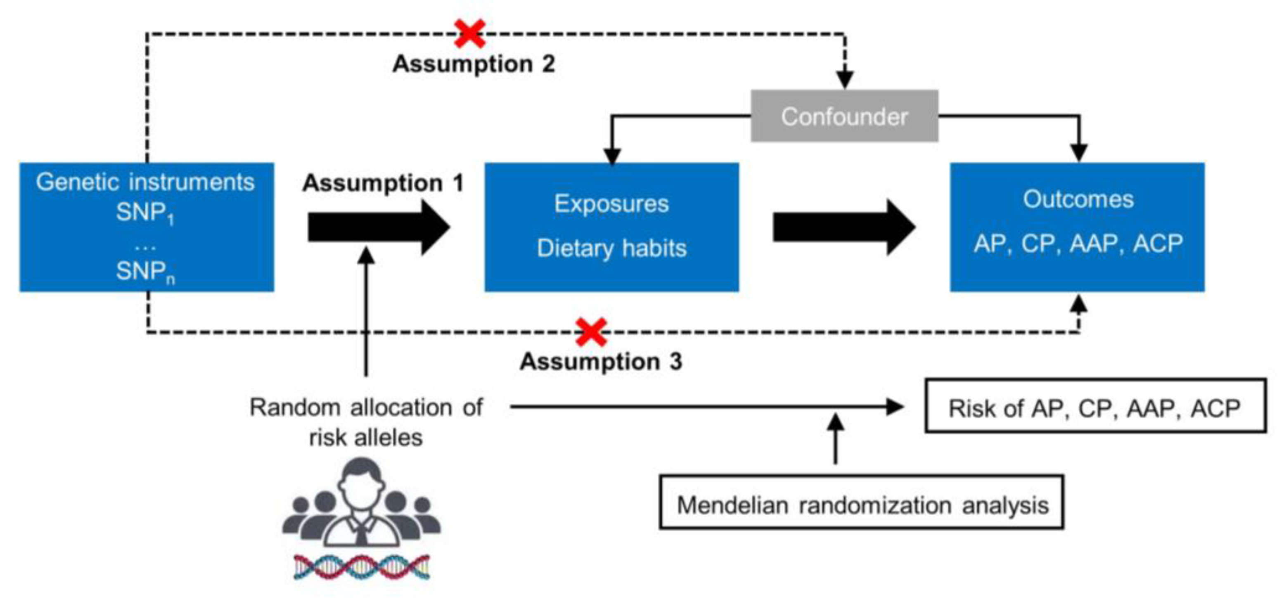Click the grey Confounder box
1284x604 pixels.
click(844, 116)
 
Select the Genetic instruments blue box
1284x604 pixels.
click(147, 227)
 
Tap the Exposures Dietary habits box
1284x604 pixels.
click(611, 227)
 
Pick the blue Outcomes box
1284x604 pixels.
click(1077, 227)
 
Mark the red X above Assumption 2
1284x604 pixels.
click(469, 33)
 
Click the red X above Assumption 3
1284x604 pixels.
click(591, 332)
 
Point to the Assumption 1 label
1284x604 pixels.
click(383, 183)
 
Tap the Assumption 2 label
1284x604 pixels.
click(474, 64)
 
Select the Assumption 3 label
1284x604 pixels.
click(601, 361)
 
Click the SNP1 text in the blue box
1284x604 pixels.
click(145, 213)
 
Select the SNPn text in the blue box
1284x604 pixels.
click(145, 272)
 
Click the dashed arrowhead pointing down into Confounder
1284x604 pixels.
click(844, 80)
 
